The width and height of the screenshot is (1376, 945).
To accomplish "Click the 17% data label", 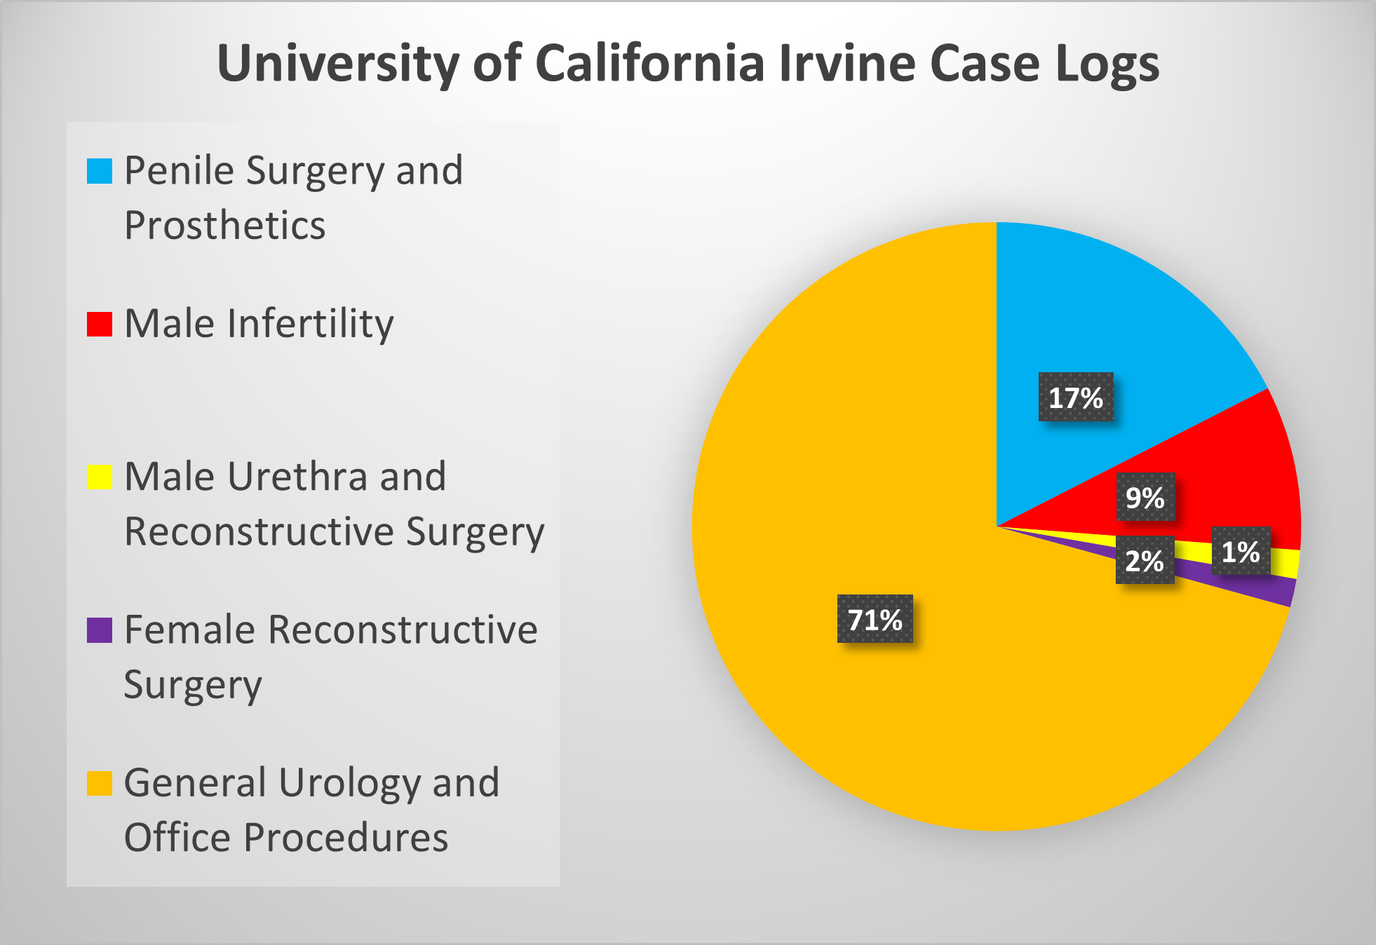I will coord(1075,397).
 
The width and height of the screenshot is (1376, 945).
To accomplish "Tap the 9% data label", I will coord(1145,498).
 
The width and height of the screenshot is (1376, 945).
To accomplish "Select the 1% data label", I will coord(1241,552).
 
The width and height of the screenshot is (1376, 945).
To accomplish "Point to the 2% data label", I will coord(1145,561).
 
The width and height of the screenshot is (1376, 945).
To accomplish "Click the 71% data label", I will coord(875,619).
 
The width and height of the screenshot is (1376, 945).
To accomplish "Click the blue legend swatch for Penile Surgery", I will coord(100,171).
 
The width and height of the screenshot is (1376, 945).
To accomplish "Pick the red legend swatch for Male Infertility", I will coord(100,324).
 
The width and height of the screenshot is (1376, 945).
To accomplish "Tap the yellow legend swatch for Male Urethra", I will coord(100,477).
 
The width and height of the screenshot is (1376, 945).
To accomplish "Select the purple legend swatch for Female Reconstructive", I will coord(100,630).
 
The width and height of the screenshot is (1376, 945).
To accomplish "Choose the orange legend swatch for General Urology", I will coord(100,783).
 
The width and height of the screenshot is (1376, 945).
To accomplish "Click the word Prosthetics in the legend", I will coord(224,226).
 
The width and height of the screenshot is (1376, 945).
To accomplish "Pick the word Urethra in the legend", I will coord(297,477).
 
